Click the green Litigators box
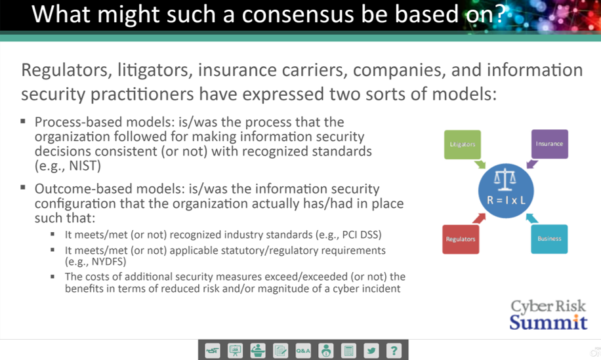click(463, 144)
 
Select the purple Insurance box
click(549, 144)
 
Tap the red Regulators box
click(461, 239)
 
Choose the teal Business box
click(549, 239)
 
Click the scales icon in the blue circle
click(505, 180)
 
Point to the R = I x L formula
click(506, 200)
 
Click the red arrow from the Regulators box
click(479, 218)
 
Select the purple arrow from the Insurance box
click(532, 164)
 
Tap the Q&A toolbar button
click(303, 350)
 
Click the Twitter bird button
click(371, 350)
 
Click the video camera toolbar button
click(213, 350)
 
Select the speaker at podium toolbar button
click(258, 350)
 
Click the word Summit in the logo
click(548, 322)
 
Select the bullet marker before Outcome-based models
click(23, 188)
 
